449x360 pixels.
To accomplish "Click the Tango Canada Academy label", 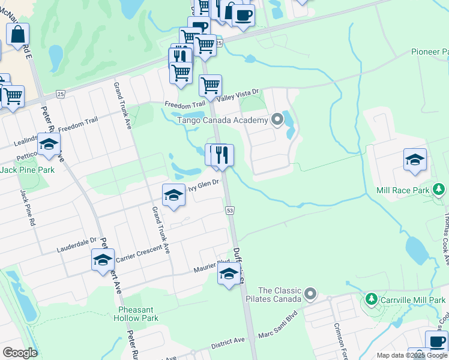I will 222,121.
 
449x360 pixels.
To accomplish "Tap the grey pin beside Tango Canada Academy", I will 277,120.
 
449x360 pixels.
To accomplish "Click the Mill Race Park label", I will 403,190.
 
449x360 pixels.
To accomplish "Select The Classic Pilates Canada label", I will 279,295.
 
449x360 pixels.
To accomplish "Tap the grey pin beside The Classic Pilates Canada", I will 310,294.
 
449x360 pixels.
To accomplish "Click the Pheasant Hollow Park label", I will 138,314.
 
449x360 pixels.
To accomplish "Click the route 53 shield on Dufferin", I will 229,210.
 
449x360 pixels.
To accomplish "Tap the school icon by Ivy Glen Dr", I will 173,194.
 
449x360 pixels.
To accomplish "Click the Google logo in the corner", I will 20,352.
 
